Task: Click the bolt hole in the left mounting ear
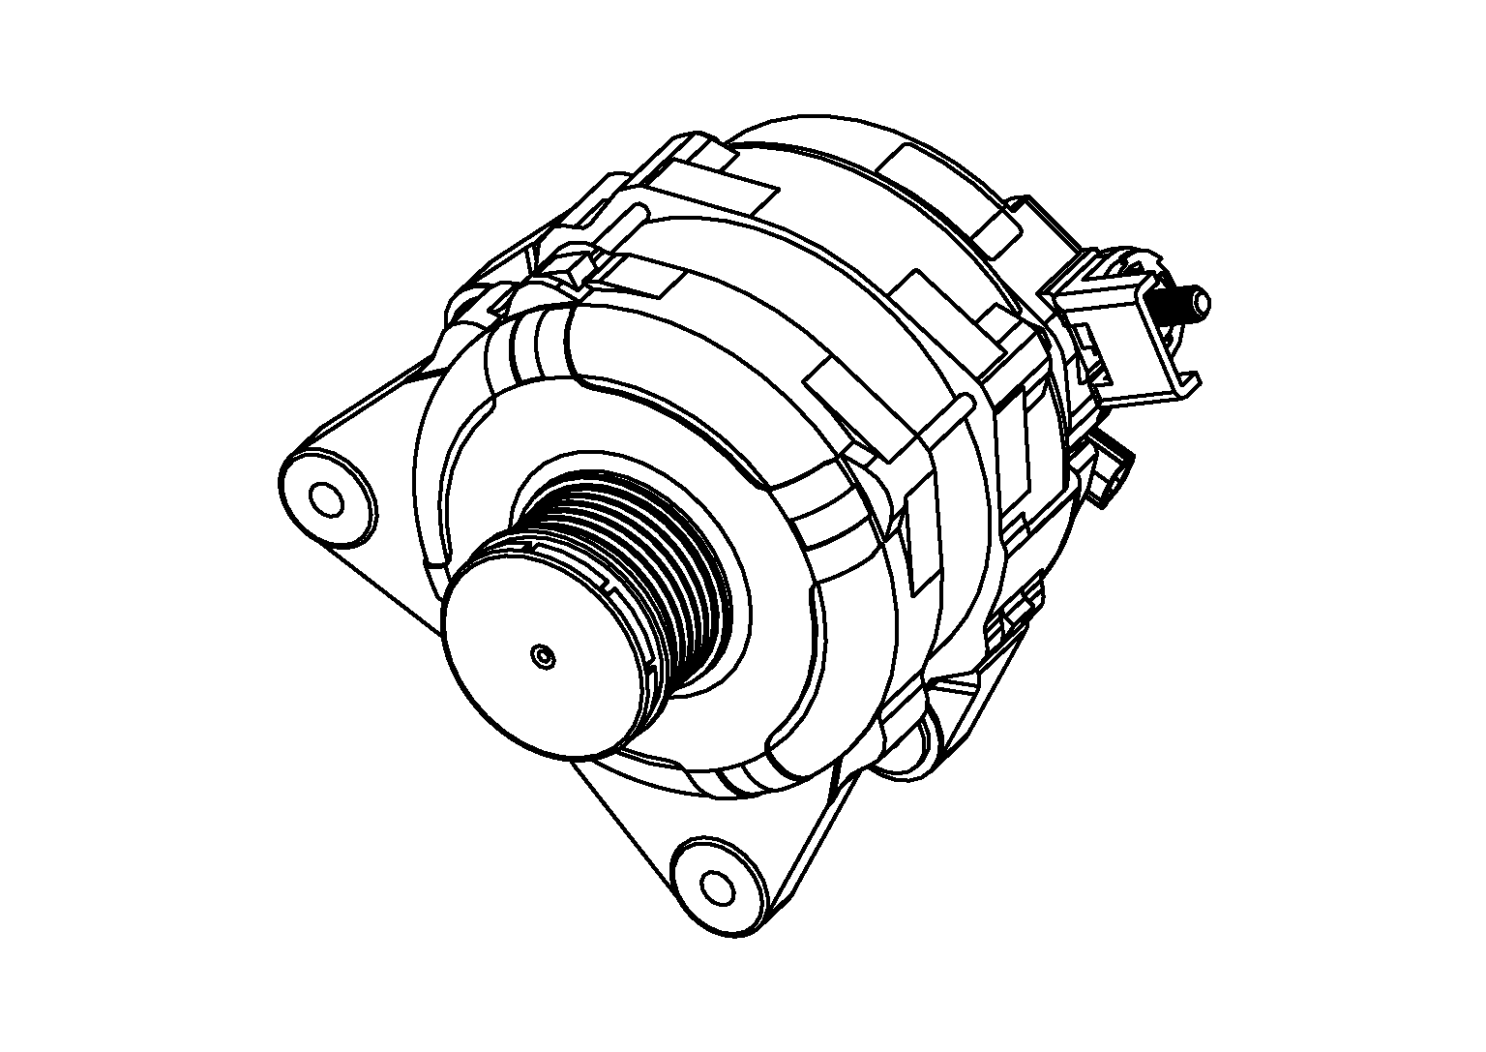point(326,499)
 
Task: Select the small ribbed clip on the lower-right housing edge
point(1016,610)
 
